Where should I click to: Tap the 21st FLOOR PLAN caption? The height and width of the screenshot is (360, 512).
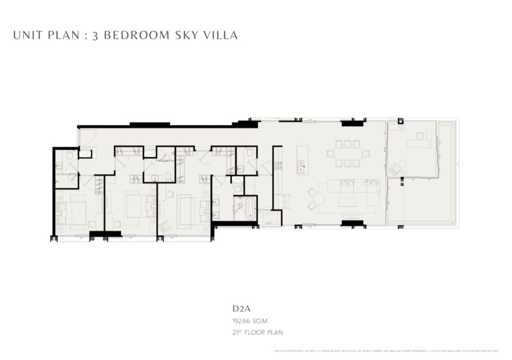[257, 332]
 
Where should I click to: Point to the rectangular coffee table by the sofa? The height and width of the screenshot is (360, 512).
[348, 202]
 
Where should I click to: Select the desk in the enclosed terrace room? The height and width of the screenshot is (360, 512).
[420, 142]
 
